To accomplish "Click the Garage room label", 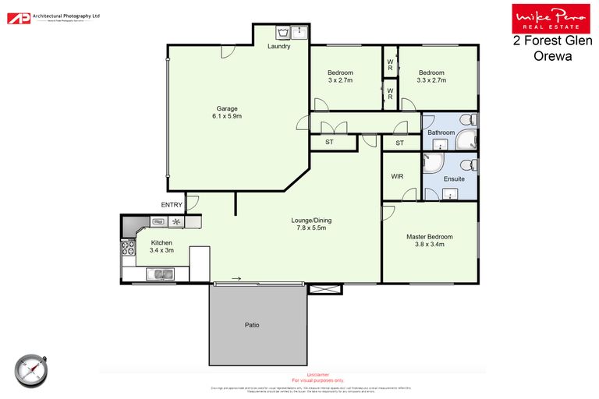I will [x=227, y=108].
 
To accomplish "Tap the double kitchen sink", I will [x=161, y=273].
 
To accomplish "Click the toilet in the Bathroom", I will [x=466, y=121].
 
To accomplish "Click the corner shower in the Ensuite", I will [x=431, y=161].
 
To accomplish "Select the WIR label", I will [x=396, y=177].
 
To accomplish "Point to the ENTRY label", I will [x=172, y=205].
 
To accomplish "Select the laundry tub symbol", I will [x=285, y=32].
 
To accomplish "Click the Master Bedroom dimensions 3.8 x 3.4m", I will [x=429, y=244].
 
